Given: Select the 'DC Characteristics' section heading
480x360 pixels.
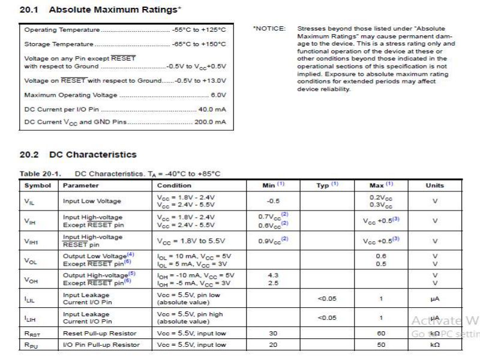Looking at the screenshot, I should click(x=92, y=155).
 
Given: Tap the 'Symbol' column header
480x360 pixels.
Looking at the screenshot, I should click(x=37, y=185).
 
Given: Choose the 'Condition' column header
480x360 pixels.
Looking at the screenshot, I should click(x=174, y=185).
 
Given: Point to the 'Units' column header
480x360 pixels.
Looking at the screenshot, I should click(x=434, y=185).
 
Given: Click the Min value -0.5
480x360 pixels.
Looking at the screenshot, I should click(x=274, y=202).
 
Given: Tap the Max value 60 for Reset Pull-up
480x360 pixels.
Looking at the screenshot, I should click(x=380, y=333).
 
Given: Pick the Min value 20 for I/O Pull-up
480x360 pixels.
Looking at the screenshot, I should click(x=274, y=345).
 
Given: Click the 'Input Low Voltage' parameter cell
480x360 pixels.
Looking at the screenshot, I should click(x=92, y=202).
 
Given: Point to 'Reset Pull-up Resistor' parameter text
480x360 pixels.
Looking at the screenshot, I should click(x=100, y=333).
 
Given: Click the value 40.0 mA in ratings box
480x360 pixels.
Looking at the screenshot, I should click(x=212, y=110).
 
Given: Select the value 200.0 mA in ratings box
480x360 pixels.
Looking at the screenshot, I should click(x=209, y=122).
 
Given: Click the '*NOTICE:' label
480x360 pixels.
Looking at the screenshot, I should click(x=269, y=29).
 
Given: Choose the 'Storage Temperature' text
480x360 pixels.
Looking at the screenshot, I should click(x=59, y=44).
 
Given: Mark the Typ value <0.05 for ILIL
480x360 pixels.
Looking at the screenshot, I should click(x=327, y=296).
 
